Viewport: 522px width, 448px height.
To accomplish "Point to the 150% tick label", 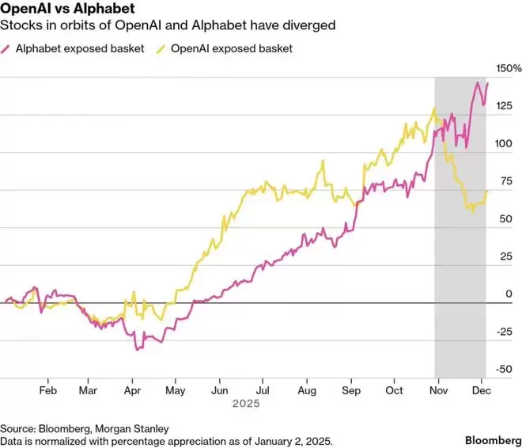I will click(x=502, y=68).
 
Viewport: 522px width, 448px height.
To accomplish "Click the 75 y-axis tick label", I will click(x=504, y=181).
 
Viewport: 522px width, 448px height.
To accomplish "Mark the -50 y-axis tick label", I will click(x=502, y=369).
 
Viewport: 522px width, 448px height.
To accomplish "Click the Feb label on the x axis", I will click(x=47, y=390).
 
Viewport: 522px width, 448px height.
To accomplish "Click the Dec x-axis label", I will click(x=480, y=390).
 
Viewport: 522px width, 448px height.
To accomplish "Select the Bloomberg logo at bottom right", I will click(x=492, y=439).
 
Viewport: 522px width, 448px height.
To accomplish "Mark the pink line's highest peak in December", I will click(x=478, y=82).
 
